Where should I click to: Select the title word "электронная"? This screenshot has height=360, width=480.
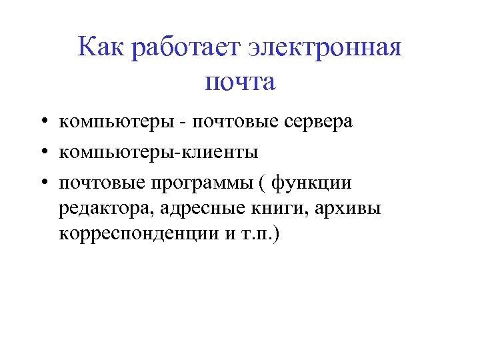point(325,49)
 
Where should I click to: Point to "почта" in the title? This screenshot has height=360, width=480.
point(240,83)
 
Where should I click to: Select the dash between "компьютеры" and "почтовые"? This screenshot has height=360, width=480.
point(181,123)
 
